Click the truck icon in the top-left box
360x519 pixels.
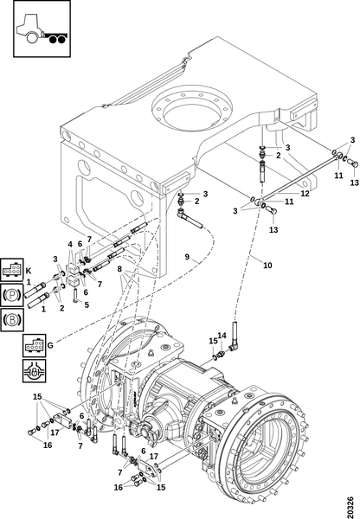tap(42, 29)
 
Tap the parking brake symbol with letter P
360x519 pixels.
tap(11, 295)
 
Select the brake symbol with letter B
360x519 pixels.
tap(11, 320)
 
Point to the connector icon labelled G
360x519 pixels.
tap(34, 345)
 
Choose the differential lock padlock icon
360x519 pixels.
tap(34, 371)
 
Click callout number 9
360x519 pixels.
tap(187, 257)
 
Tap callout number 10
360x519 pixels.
tap(267, 266)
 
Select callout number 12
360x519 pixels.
tap(305, 193)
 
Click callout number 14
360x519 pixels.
tap(222, 336)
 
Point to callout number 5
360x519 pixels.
tap(87, 304)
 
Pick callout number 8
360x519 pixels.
tap(120, 269)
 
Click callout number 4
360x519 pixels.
tap(70, 244)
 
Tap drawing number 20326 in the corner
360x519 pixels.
tap(350, 505)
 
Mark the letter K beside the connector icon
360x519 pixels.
tap(29, 271)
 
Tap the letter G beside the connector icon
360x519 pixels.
tap(50, 345)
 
